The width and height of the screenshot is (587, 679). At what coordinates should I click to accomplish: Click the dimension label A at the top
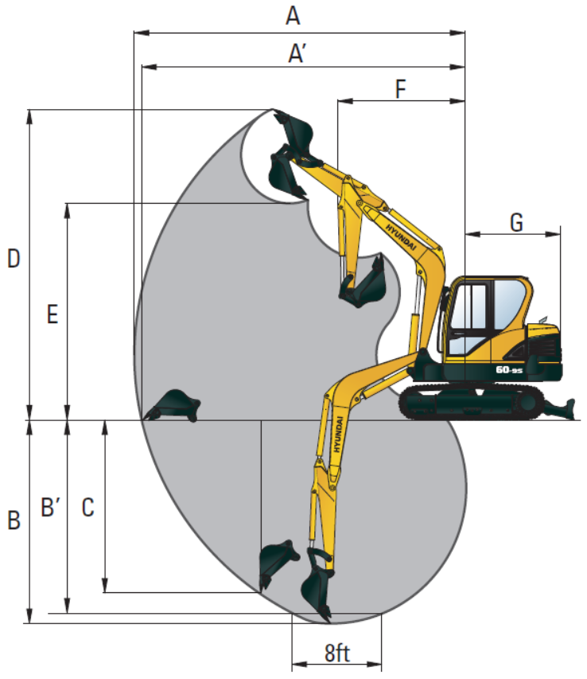(293, 16)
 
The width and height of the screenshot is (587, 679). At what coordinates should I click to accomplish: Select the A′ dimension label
(297, 53)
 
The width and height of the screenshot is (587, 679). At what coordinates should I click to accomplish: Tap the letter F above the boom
(401, 89)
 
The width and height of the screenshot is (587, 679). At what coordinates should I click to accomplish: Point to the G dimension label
(516, 223)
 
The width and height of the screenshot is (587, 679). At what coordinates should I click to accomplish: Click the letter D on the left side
(14, 259)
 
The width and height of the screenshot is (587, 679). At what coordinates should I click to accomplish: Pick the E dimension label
(52, 314)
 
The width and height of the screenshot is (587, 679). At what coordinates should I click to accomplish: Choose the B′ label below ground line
(50, 507)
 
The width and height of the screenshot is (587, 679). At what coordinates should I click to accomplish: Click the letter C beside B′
(87, 507)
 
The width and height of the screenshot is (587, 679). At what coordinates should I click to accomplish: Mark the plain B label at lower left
(14, 520)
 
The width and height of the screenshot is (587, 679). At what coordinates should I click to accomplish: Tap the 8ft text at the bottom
(337, 653)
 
